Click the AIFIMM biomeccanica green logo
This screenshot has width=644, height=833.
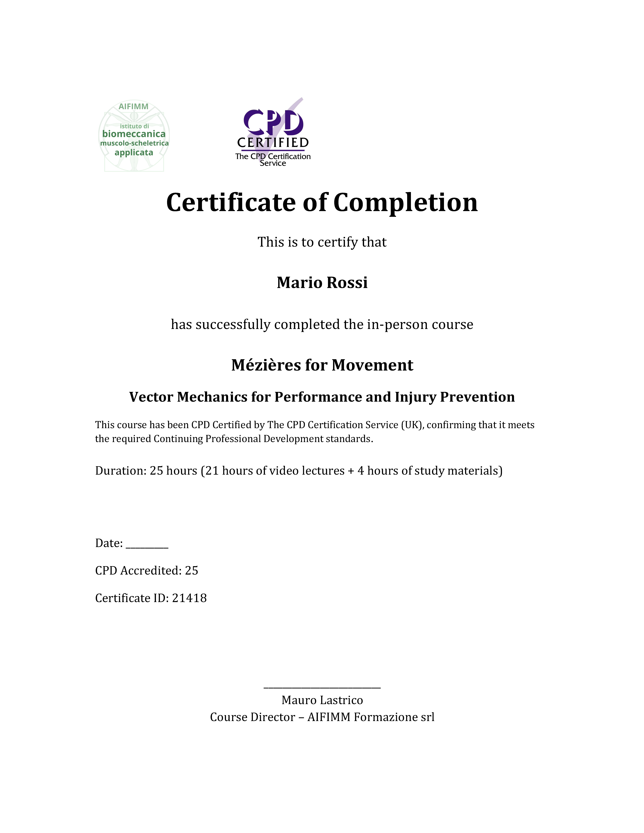click(134, 136)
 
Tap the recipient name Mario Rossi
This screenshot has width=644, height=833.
click(322, 283)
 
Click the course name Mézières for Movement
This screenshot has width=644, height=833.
click(322, 365)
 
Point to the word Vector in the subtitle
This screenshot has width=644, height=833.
click(151, 397)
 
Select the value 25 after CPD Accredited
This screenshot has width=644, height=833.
click(192, 571)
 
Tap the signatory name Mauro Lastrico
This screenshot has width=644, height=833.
click(322, 700)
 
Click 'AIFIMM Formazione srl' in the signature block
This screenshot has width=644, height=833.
click(371, 717)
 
